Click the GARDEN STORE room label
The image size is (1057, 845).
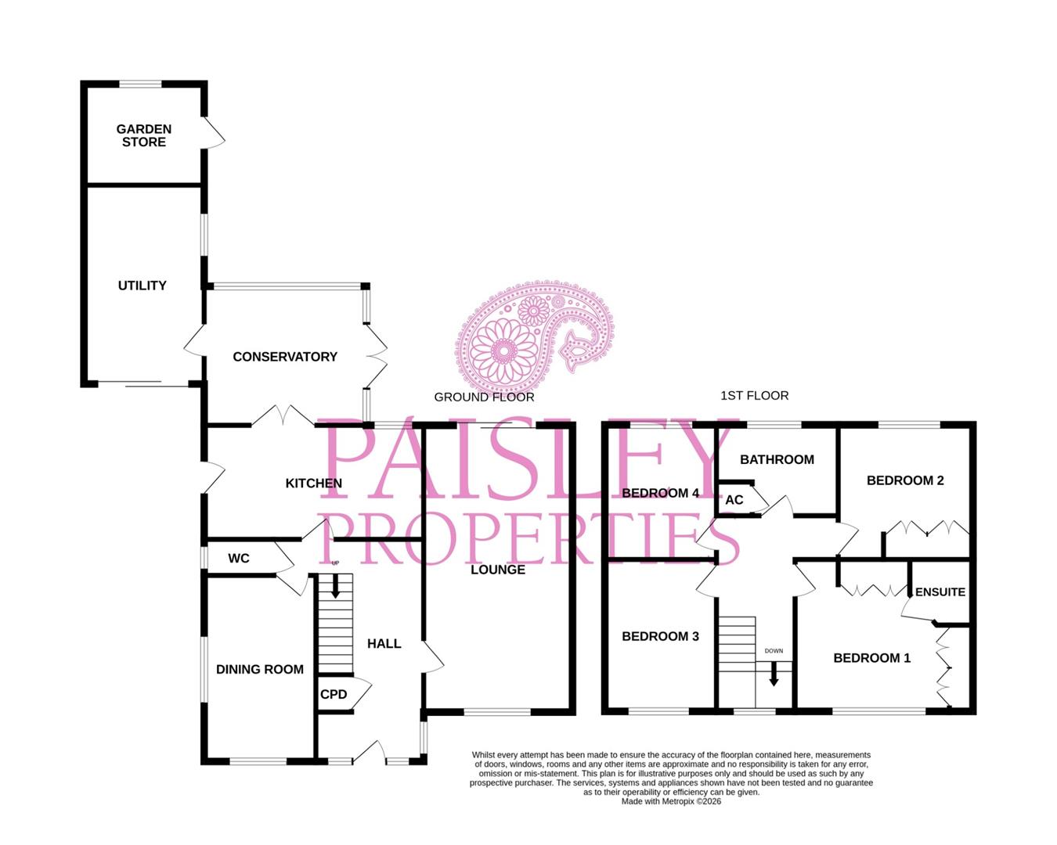click(144, 135)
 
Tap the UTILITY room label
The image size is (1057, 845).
click(142, 286)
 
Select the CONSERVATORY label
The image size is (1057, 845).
click(285, 357)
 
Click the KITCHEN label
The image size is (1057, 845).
click(313, 484)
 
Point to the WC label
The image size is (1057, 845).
click(239, 558)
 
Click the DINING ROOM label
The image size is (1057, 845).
click(260, 669)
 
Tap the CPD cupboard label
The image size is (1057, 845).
click(334, 694)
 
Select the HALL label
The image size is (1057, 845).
click(384, 643)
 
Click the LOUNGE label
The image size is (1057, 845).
click(498, 570)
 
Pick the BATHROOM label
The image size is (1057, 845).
click(777, 459)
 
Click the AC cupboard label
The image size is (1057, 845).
click(734, 500)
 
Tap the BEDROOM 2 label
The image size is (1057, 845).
click(905, 480)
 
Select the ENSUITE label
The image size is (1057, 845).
click(940, 592)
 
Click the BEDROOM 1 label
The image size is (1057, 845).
click(871, 658)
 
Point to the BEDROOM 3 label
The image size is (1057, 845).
click(660, 636)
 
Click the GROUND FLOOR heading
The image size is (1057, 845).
click(484, 397)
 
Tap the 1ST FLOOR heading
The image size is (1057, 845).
click(754, 396)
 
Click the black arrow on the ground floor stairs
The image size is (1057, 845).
click(336, 586)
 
